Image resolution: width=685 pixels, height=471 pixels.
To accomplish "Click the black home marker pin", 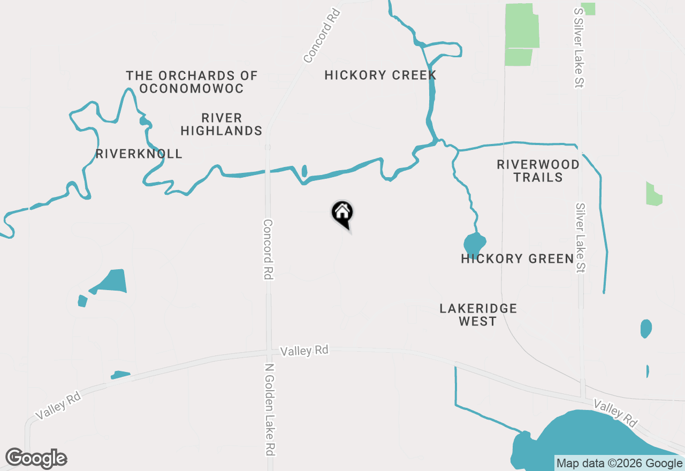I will [x=342, y=213].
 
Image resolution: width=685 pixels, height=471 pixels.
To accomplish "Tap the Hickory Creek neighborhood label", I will [x=380, y=75].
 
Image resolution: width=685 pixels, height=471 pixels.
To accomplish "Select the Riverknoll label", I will [x=139, y=154].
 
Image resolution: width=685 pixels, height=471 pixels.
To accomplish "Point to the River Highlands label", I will [x=221, y=124].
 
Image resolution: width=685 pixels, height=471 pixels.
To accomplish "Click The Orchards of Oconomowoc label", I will [x=192, y=82].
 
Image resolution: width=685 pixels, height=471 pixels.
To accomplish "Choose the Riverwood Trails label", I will [x=538, y=171].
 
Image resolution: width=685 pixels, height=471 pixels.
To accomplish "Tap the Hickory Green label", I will [x=517, y=259].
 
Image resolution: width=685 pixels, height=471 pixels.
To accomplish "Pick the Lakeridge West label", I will [x=478, y=315].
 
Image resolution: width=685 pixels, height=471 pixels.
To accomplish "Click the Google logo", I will [x=36, y=459].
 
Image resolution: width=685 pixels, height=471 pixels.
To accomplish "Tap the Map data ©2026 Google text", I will [x=619, y=464].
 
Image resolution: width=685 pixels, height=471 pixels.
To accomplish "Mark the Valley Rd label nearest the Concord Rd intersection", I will [x=304, y=351].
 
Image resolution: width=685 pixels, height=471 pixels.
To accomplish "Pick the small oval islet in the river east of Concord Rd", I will [x=305, y=171].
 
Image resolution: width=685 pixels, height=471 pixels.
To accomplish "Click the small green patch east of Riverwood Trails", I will [x=653, y=195].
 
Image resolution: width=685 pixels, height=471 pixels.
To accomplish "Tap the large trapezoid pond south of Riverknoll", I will [x=114, y=281].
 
